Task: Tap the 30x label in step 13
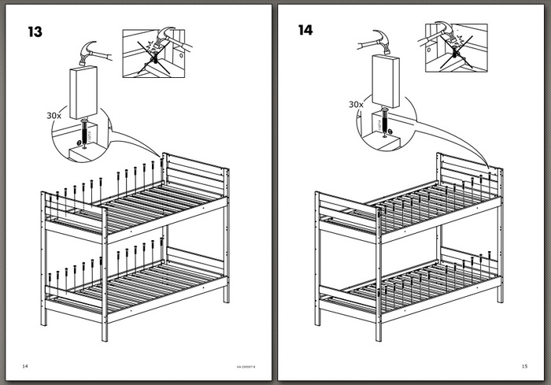[x=54, y=114]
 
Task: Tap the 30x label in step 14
[x=356, y=103]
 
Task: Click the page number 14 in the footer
[x=25, y=365]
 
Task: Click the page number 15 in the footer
[x=524, y=365]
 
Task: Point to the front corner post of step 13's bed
[x=105, y=276]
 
